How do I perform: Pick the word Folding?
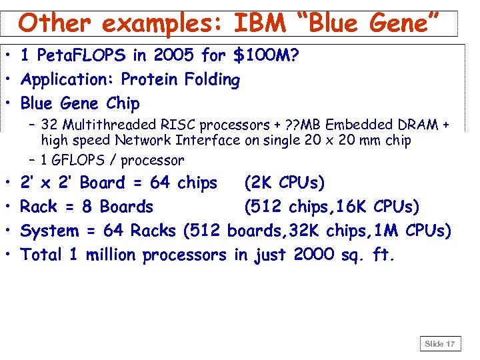(x=211, y=79)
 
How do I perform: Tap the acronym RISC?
(x=177, y=125)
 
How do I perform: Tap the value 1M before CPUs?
(x=391, y=231)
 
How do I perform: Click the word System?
(x=49, y=231)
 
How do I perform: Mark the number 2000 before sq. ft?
(x=313, y=255)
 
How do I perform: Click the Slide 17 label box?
(x=439, y=344)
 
